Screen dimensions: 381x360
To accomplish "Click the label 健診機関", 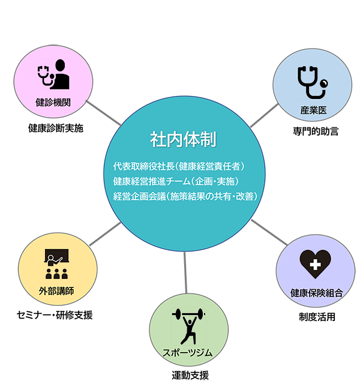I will tap(53, 102).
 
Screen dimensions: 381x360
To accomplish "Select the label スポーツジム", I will tap(188, 353).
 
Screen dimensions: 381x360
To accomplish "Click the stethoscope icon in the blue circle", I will tap(313, 83).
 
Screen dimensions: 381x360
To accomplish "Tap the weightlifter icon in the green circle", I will tap(188, 327).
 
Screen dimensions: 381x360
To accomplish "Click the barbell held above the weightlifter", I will tap(188, 314).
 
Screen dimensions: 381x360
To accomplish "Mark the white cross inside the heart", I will tap(315, 264).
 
